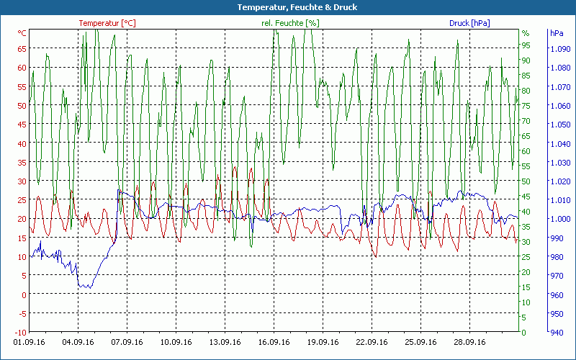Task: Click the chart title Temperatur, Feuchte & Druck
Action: point(287,7)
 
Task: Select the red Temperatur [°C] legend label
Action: point(107,23)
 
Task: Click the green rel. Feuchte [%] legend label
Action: point(290,23)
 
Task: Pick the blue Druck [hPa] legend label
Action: point(469,23)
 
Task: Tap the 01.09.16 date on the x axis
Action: point(29,343)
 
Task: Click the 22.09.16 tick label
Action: point(372,343)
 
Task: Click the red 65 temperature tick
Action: point(22,48)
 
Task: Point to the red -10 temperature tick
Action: point(20,332)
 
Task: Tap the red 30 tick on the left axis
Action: point(22,181)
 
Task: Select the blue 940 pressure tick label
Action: point(557,332)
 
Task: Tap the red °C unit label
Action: point(22,33)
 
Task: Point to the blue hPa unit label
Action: point(557,33)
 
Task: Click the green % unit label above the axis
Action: point(526,33)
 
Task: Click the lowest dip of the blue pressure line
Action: point(85,288)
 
